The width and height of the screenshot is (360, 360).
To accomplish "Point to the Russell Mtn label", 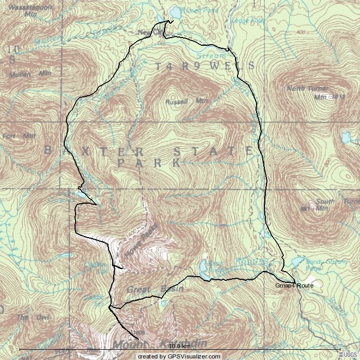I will [186, 101].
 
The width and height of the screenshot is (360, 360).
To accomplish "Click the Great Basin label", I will [155, 289].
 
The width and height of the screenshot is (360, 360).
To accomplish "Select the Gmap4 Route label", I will [294, 285].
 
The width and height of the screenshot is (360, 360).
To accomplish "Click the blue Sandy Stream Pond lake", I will [297, 262].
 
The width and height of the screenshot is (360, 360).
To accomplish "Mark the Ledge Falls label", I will [247, 21].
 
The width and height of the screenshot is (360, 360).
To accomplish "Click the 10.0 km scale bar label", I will [179, 346].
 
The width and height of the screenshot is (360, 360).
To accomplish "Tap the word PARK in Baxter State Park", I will [149, 163].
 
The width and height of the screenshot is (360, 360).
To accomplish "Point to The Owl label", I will [23, 317].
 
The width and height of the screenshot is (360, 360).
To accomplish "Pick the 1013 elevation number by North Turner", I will [338, 96].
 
